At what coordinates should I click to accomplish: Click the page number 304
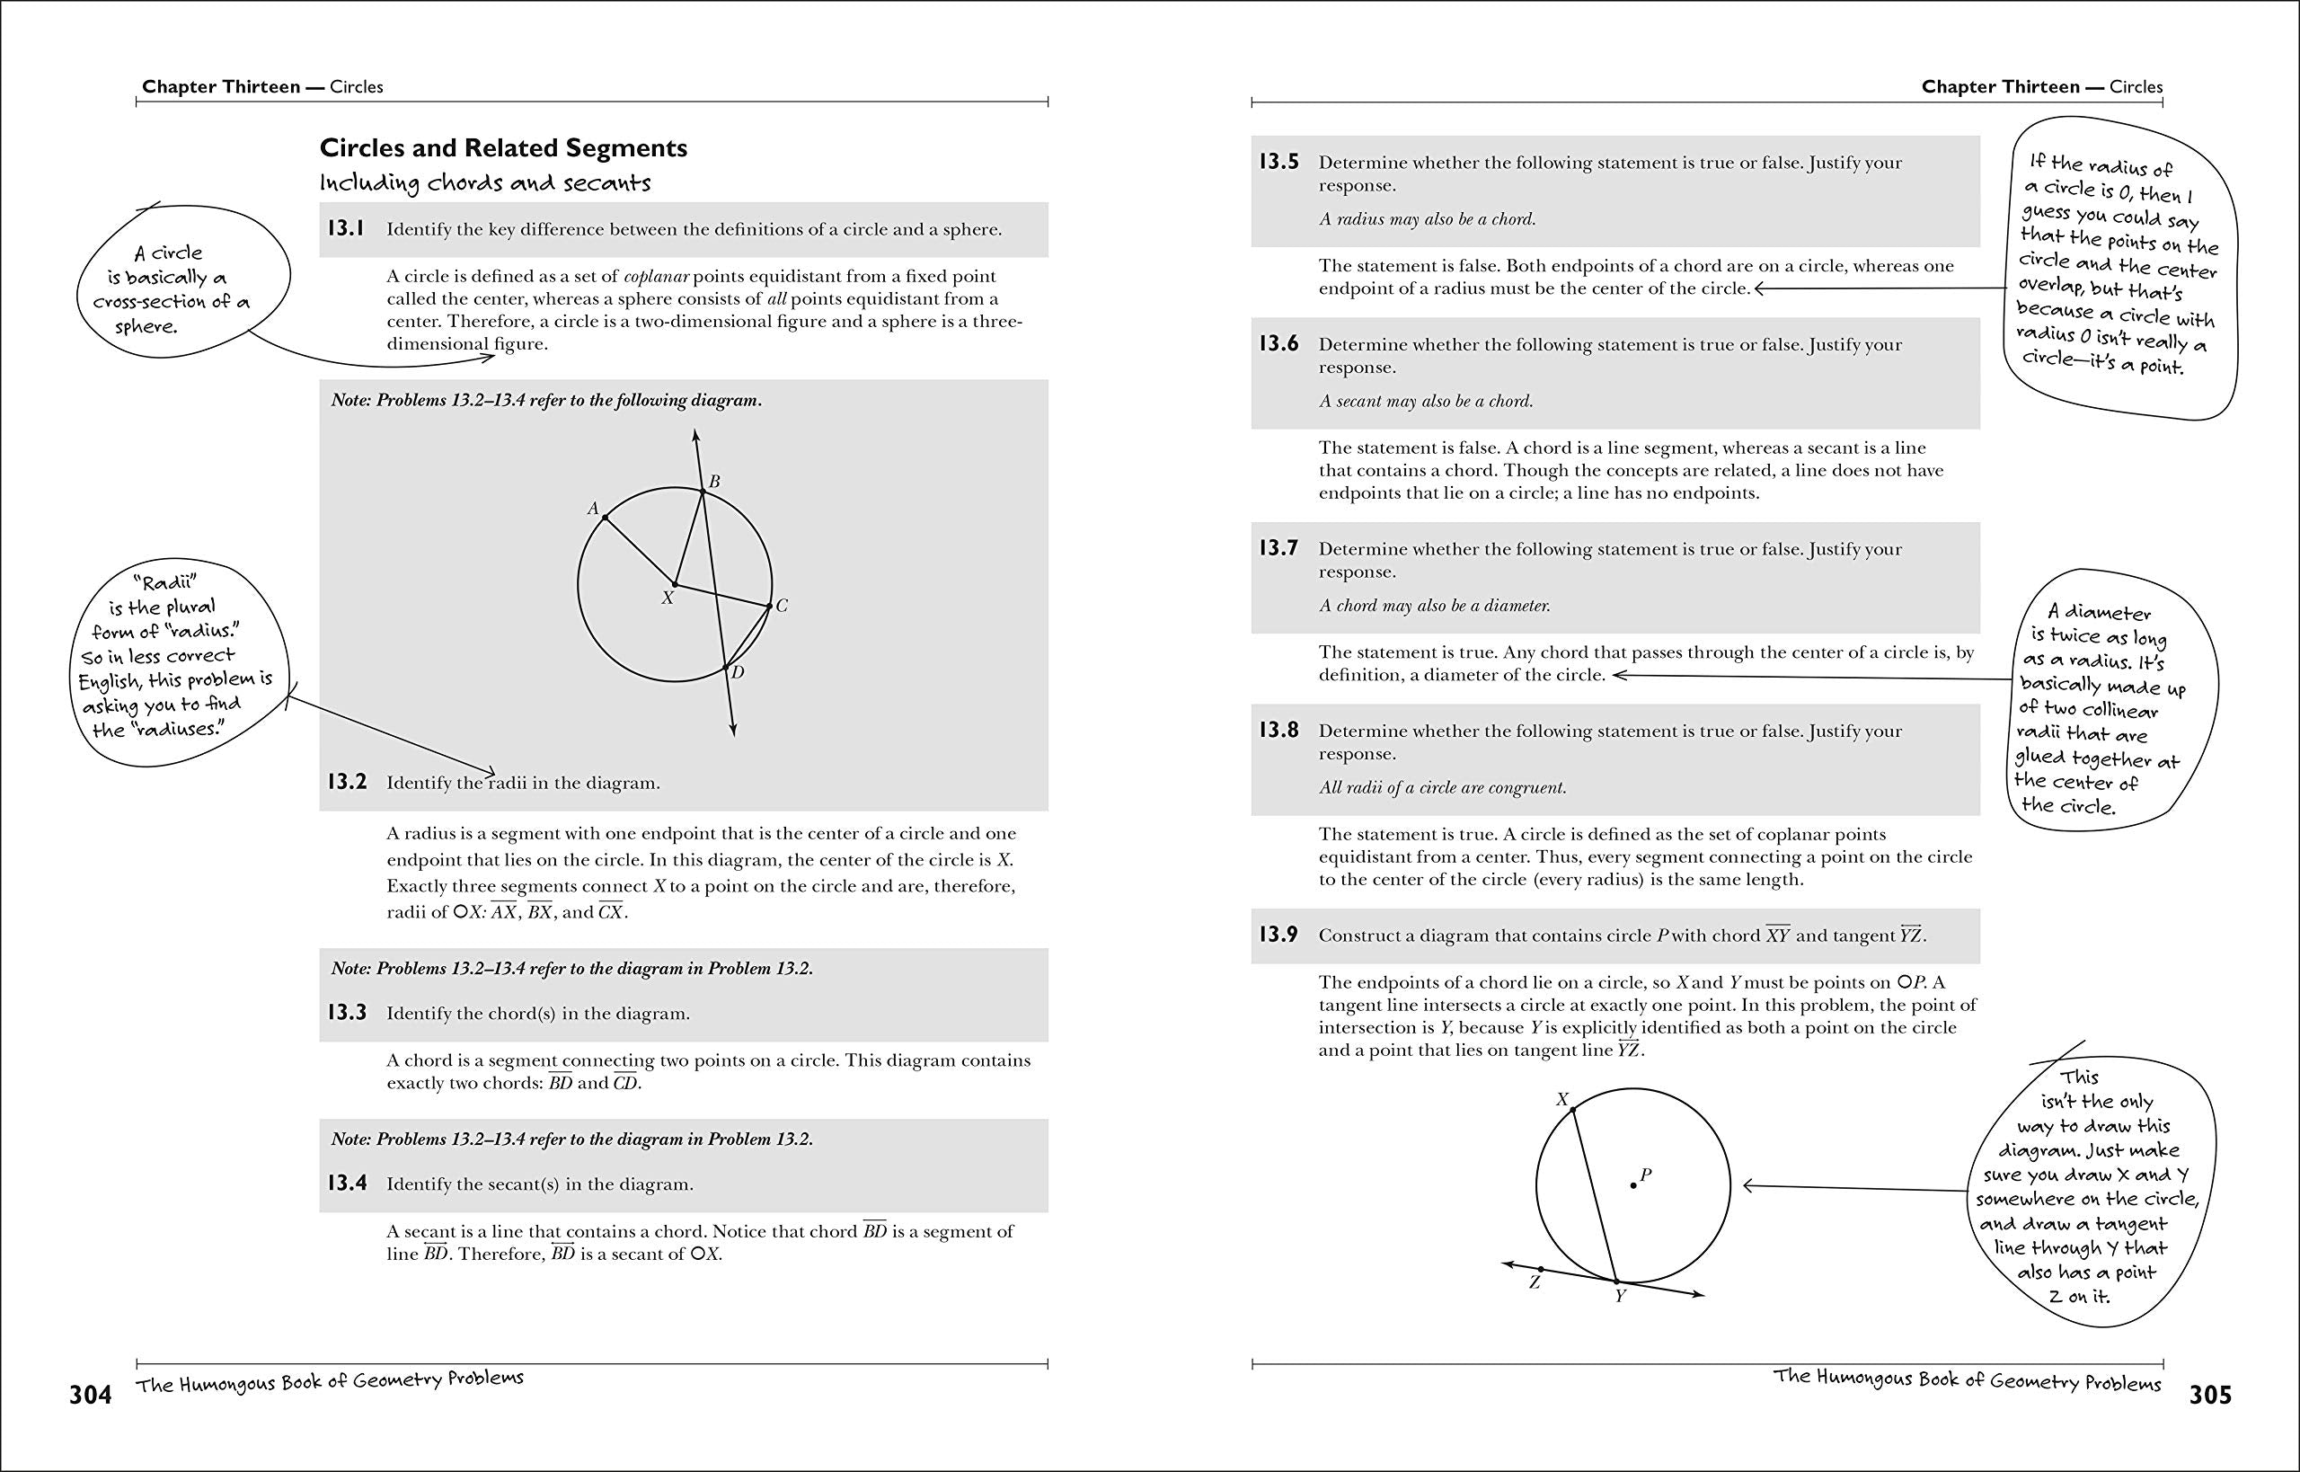(x=90, y=1396)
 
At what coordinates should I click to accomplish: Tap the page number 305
(x=2209, y=1396)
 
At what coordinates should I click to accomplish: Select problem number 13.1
(x=346, y=229)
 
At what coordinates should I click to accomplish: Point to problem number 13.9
(x=1278, y=935)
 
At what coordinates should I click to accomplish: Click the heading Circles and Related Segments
(x=502, y=148)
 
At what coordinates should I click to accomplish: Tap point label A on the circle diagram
(x=592, y=510)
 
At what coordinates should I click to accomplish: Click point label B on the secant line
(x=713, y=482)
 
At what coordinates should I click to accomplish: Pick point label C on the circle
(x=782, y=606)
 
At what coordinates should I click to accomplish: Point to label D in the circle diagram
(x=738, y=673)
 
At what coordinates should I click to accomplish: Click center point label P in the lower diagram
(x=1645, y=1175)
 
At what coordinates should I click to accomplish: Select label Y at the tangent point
(x=1621, y=1297)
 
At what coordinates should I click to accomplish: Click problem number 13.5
(x=1278, y=162)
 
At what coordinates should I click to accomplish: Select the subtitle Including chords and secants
(x=484, y=182)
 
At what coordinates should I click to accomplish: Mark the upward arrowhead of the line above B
(x=695, y=435)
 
